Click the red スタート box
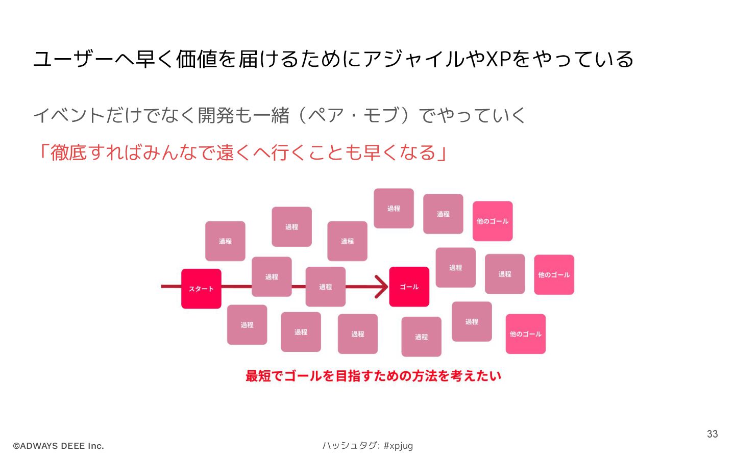tap(201, 289)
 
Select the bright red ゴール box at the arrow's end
tap(409, 287)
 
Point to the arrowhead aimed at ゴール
tap(382, 287)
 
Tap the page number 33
tap(712, 434)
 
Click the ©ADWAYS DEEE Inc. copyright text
tap(58, 446)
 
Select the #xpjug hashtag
tap(398, 446)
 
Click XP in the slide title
tap(498, 59)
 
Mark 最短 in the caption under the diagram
tap(258, 376)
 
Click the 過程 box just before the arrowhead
tap(326, 287)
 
